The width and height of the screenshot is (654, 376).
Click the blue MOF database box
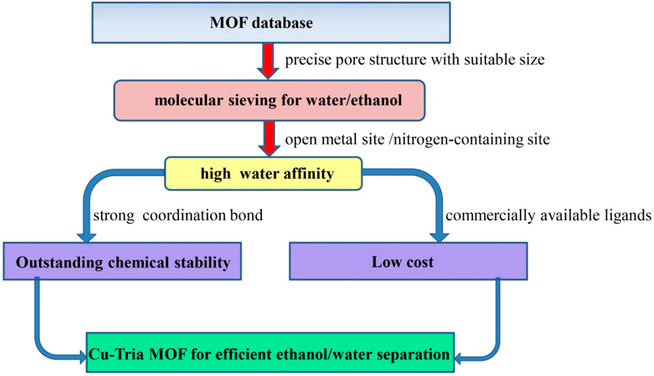[271, 23]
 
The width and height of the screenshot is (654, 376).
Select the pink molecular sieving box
[269, 100]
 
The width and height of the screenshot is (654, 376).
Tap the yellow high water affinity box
[263, 174]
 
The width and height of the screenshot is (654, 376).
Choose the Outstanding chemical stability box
[122, 261]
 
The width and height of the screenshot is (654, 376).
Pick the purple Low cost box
[409, 261]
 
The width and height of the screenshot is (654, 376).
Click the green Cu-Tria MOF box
[270, 352]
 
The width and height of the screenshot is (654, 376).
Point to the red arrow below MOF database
[268, 61]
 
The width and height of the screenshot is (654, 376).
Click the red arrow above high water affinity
[269, 139]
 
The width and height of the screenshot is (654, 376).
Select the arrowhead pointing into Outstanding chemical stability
[86, 237]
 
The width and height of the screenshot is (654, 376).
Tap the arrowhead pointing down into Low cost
[439, 237]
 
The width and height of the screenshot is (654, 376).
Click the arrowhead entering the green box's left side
[83, 357]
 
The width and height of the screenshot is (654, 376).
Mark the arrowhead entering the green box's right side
[458, 359]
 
